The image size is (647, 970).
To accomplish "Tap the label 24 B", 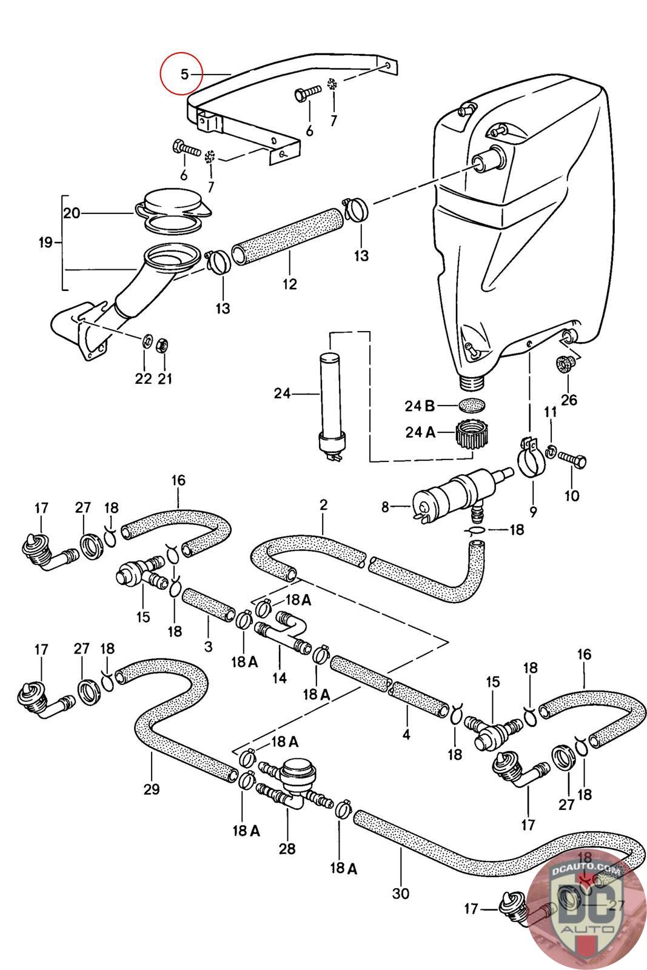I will coord(420,405).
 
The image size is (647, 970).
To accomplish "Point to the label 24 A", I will coord(420,433).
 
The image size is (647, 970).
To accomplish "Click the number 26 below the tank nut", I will coord(569,400).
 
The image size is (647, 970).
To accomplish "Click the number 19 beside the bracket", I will coord(45,242).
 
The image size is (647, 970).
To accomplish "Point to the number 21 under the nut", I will coord(165,379).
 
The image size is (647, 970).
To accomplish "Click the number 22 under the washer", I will coord(143,379).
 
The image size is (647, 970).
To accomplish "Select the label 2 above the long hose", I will coord(324,504).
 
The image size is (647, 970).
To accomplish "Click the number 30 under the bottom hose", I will coord(401,893).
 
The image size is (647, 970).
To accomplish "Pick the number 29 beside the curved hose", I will coord(152,789).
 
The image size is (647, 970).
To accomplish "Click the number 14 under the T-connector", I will coord(279,678).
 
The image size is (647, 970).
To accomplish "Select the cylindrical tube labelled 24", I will coord(330,394).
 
